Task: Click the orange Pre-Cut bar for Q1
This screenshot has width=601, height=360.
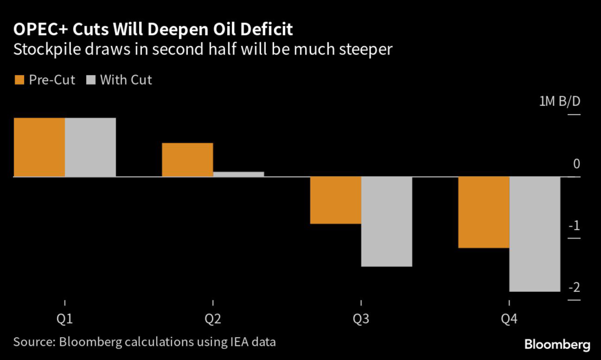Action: click(x=39, y=147)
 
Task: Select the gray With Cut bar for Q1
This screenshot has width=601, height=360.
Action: click(x=90, y=147)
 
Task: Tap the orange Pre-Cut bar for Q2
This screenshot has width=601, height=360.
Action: click(x=187, y=159)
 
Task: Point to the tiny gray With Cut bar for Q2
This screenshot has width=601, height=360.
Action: click(x=238, y=174)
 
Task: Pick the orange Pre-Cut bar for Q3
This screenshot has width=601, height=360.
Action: click(x=335, y=200)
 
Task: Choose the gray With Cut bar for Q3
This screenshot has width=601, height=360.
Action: click(x=386, y=221)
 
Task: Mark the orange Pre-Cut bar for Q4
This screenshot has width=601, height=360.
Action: click(x=483, y=212)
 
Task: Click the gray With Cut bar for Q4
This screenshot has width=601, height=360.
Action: click(x=534, y=234)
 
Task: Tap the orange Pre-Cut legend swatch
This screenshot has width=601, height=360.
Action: click(x=18, y=80)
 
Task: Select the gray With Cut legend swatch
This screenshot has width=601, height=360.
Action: click(x=90, y=80)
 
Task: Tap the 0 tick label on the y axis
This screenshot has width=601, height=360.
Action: click(x=576, y=164)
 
